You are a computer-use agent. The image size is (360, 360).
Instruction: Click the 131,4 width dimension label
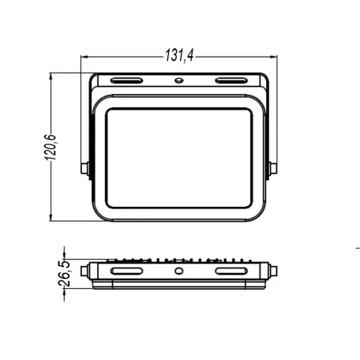179,55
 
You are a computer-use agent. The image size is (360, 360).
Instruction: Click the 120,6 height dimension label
50,148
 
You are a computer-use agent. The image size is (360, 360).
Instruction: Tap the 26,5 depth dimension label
64,274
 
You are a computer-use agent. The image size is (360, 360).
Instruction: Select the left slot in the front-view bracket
126,81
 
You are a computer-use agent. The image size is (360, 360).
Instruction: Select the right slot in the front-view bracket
231,81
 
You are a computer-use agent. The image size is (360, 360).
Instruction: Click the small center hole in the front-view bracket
179,81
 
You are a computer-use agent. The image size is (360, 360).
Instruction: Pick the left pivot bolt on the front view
84,168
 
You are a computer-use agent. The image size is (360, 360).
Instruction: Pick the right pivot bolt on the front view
273,168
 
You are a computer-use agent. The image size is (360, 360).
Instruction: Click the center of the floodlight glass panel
179,158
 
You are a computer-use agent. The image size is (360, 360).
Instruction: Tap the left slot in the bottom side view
126,271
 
